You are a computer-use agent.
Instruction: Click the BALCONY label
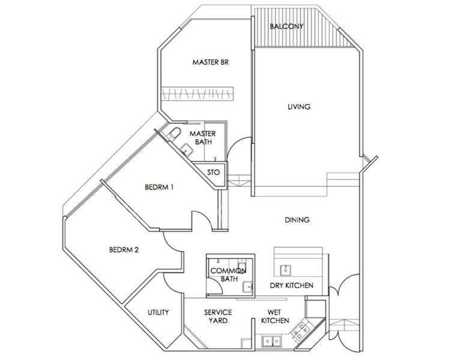[x=286, y=27]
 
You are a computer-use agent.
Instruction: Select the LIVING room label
[x=298, y=107]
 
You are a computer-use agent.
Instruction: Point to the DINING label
[x=297, y=220]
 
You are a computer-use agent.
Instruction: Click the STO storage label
[x=213, y=172]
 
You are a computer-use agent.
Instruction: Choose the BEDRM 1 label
[x=159, y=187]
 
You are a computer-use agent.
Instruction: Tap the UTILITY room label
[x=158, y=313]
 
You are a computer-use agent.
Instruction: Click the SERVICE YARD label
[x=218, y=316]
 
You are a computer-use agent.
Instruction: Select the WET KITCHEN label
[x=274, y=316]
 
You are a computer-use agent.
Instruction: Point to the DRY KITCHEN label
[x=291, y=286]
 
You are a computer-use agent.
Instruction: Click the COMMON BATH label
[x=227, y=275]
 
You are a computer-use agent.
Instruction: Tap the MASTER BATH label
[x=202, y=137]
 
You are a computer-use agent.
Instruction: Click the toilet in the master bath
[x=174, y=133]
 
